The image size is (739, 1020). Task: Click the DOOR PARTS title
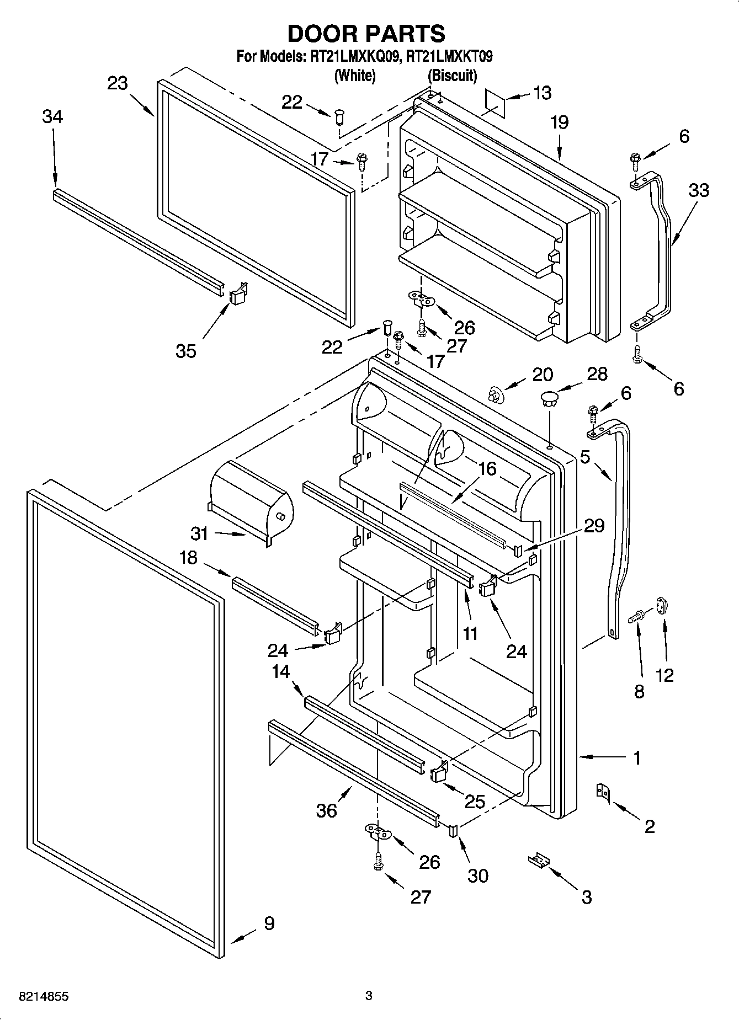(366, 34)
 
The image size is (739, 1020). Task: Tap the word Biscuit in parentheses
(452, 76)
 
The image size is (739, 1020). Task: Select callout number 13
(542, 93)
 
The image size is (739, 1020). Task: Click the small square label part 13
(495, 101)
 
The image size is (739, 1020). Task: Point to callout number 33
(699, 190)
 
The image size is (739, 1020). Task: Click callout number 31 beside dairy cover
(200, 533)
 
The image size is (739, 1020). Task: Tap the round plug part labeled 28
(549, 398)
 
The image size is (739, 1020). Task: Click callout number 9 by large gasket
(269, 923)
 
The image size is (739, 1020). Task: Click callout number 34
(52, 117)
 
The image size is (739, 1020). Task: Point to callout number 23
(117, 84)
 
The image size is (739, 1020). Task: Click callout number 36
(326, 810)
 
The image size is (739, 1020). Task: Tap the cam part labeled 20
(496, 395)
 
